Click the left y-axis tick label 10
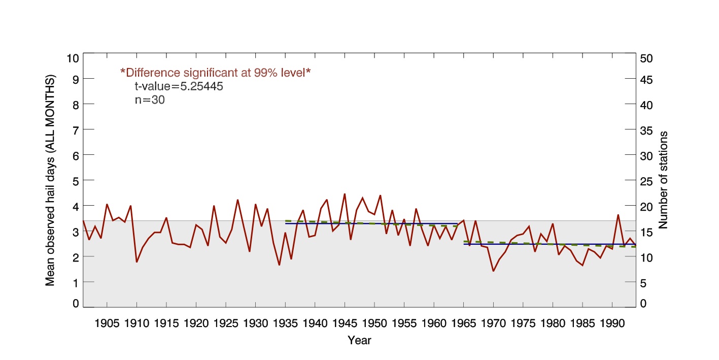(73, 58)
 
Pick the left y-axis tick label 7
(76, 130)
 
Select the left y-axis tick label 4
(76, 206)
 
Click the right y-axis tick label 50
(646, 58)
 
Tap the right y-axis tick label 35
(646, 130)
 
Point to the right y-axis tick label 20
(646, 206)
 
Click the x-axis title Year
(359, 340)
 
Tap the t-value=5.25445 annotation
(179, 86)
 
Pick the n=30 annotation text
(149, 100)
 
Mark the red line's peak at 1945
(345, 194)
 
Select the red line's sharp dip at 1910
(137, 262)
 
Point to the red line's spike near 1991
(618, 215)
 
